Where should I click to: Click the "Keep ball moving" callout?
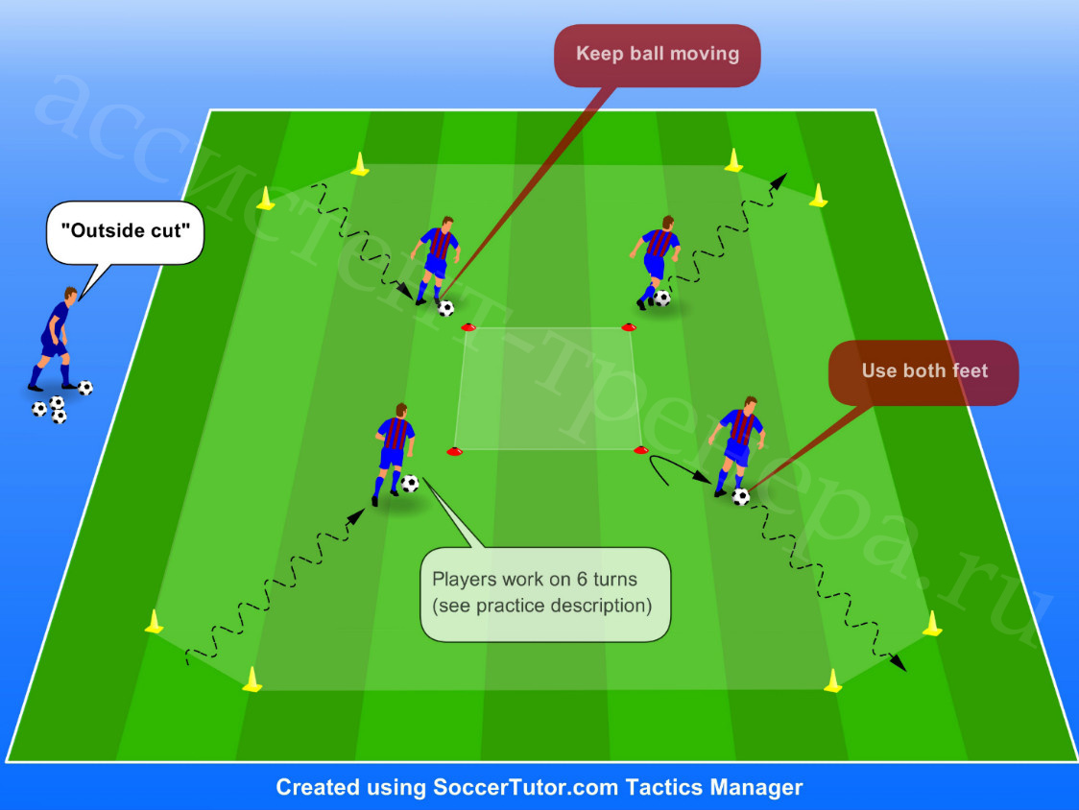658,55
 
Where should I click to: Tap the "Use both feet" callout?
923,372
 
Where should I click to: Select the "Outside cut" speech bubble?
125,232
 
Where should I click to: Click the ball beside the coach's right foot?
85,388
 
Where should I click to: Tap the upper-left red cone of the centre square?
468,327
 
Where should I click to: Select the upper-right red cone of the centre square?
628,327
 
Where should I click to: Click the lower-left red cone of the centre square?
454,451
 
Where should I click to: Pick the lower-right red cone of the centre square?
640,450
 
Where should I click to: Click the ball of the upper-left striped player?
446,308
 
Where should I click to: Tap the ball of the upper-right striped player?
662,298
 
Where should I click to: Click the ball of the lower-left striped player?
410,483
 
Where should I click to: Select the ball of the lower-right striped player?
741,496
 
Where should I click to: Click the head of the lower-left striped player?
401,410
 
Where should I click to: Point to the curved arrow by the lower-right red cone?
671,463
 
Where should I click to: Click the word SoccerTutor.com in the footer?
526,787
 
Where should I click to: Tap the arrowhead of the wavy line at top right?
779,181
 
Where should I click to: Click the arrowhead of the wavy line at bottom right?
898,662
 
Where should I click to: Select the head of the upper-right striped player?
667,223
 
